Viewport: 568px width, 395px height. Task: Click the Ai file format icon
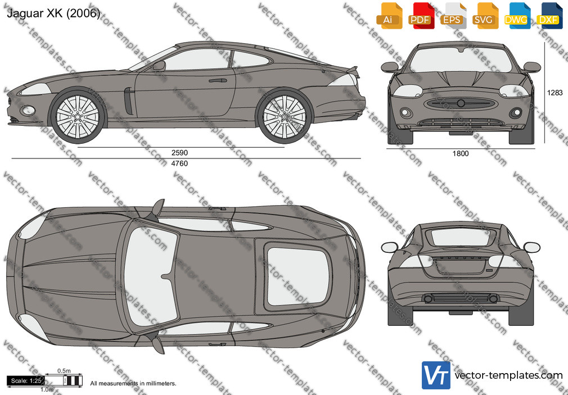click(389, 16)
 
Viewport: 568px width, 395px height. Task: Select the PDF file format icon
click(421, 16)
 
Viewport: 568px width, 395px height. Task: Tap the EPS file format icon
click(453, 16)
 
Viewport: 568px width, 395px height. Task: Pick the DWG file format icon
click(517, 16)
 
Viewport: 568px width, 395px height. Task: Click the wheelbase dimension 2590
click(179, 153)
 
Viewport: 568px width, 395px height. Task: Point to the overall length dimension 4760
click(179, 164)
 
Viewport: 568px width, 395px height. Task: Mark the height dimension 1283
click(555, 93)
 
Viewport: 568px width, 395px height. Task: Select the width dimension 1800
click(461, 153)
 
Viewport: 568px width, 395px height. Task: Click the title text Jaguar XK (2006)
click(53, 13)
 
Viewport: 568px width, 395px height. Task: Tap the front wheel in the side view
click(78, 116)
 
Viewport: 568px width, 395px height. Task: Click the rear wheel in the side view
click(285, 116)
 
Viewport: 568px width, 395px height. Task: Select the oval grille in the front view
click(461, 103)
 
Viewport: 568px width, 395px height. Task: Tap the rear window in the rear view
click(461, 237)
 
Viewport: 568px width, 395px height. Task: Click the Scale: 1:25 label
click(26, 381)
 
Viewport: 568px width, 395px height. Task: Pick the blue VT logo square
click(436, 375)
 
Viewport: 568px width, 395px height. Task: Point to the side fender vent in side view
click(128, 101)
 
